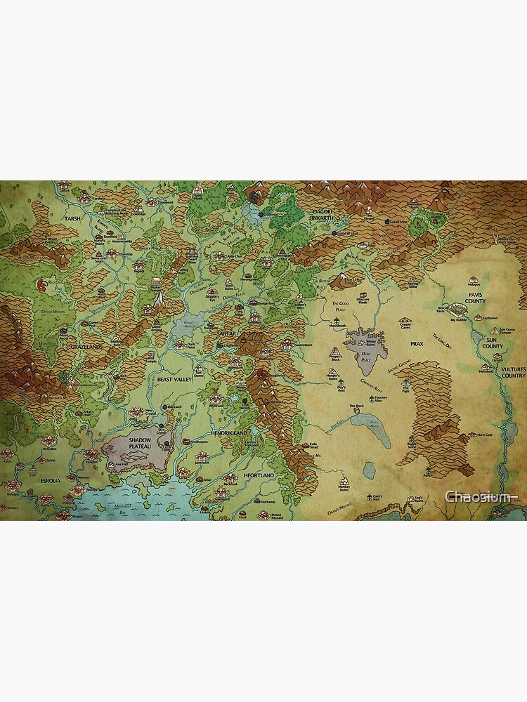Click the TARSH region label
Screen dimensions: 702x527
[73, 218]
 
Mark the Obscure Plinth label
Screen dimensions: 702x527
[362, 299]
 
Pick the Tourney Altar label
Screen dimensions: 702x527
[380, 397]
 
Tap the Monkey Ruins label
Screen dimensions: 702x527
[344, 489]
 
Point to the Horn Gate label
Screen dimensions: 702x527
[485, 435]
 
